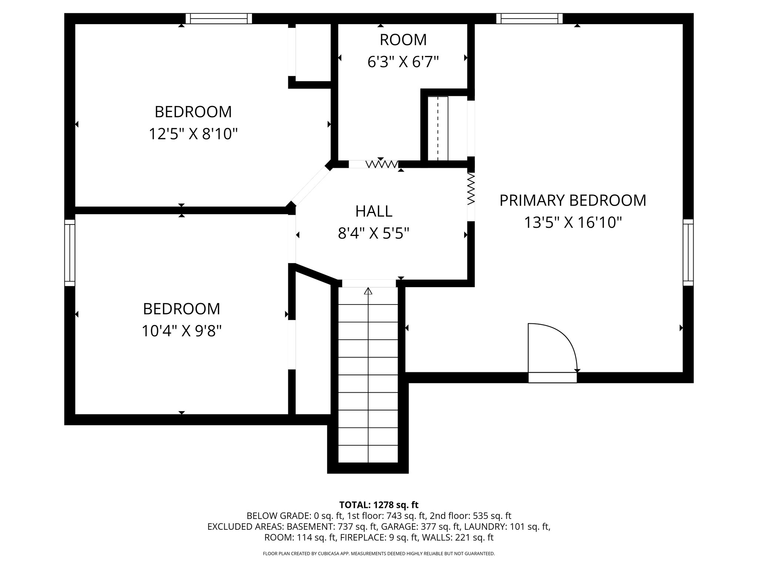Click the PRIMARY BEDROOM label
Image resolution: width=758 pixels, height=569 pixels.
click(573, 200)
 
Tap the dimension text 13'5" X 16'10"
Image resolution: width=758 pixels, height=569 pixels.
click(573, 223)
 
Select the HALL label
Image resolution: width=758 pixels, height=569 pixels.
click(374, 211)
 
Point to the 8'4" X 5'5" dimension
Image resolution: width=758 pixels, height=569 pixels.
click(374, 234)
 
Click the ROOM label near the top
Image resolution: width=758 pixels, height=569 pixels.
click(403, 40)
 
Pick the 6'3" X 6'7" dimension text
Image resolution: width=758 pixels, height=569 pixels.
click(403, 62)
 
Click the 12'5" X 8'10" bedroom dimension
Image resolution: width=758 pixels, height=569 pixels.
click(193, 134)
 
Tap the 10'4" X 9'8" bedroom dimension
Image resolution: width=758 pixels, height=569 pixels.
click(181, 331)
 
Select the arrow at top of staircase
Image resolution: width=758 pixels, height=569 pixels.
click(368, 291)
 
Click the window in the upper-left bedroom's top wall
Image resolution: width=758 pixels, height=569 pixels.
click(219, 19)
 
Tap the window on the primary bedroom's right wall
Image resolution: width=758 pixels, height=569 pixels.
click(688, 252)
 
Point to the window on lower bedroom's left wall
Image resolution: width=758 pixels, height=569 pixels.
click(70, 252)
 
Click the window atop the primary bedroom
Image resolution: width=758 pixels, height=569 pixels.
click(529, 19)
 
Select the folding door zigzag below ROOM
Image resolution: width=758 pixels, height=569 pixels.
click(381, 164)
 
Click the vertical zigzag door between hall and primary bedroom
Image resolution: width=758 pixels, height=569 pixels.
click(471, 189)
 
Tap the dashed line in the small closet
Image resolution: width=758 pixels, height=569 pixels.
click(438, 129)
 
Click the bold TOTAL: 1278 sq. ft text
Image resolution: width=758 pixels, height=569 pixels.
click(379, 505)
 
